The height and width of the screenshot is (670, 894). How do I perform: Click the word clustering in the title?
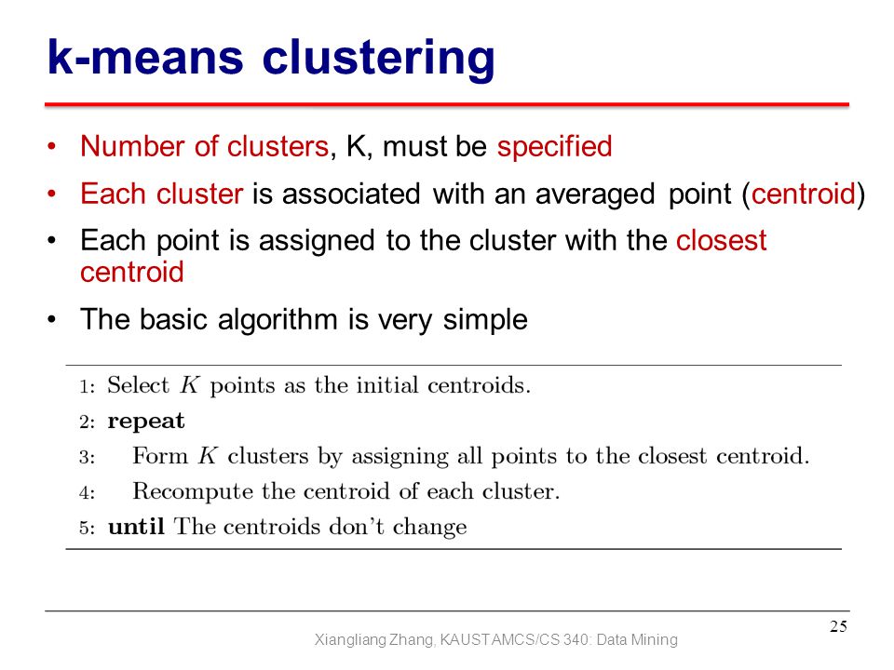tap(378, 60)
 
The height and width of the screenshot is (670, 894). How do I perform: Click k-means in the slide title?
tap(145, 57)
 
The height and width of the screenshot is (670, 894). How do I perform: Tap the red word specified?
tap(554, 146)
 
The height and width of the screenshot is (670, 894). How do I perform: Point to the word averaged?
tap(595, 194)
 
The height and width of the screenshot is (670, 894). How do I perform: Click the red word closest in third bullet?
tap(721, 240)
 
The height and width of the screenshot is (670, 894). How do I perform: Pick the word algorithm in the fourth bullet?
tap(278, 319)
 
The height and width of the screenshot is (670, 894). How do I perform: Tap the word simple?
tap(485, 319)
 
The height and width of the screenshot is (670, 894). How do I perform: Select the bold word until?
tap(136, 526)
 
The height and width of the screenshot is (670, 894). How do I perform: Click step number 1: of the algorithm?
tap(87, 387)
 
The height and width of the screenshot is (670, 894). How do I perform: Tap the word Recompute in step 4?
tap(193, 491)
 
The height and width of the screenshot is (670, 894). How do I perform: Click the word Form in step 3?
tap(159, 456)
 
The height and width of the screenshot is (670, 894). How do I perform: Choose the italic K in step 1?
tap(189, 385)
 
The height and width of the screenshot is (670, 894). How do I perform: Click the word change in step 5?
tap(429, 527)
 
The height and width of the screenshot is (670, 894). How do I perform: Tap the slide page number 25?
tap(838, 626)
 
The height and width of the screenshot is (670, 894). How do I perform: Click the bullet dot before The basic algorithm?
tap(52, 319)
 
